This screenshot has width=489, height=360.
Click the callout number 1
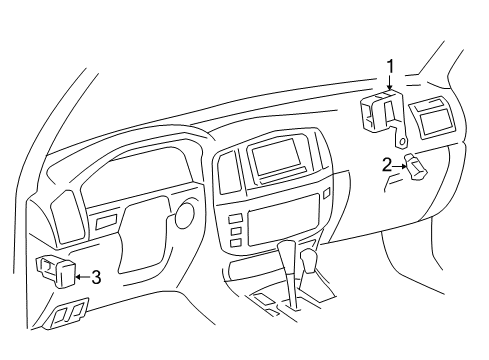click(390, 66)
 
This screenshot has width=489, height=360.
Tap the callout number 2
click(387, 165)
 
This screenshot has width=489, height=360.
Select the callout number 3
click(96, 277)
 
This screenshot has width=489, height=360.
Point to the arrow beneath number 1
click(390, 82)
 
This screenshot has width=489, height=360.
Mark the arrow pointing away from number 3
click(83, 277)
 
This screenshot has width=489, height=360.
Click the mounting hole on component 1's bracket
click(402, 142)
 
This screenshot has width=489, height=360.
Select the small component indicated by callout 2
click(415, 166)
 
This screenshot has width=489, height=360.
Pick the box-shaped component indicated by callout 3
click(56, 271)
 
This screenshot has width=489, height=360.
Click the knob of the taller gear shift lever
click(286, 253)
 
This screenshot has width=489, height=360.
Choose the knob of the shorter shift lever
click(309, 261)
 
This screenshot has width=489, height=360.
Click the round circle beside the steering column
click(184, 214)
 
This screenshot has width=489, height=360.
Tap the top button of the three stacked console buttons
click(235, 219)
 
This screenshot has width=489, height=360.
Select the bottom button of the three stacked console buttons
click(235, 243)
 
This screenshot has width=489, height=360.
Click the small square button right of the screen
click(326, 192)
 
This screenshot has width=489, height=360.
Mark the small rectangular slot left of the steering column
click(106, 221)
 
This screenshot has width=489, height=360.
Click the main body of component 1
click(382, 111)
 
